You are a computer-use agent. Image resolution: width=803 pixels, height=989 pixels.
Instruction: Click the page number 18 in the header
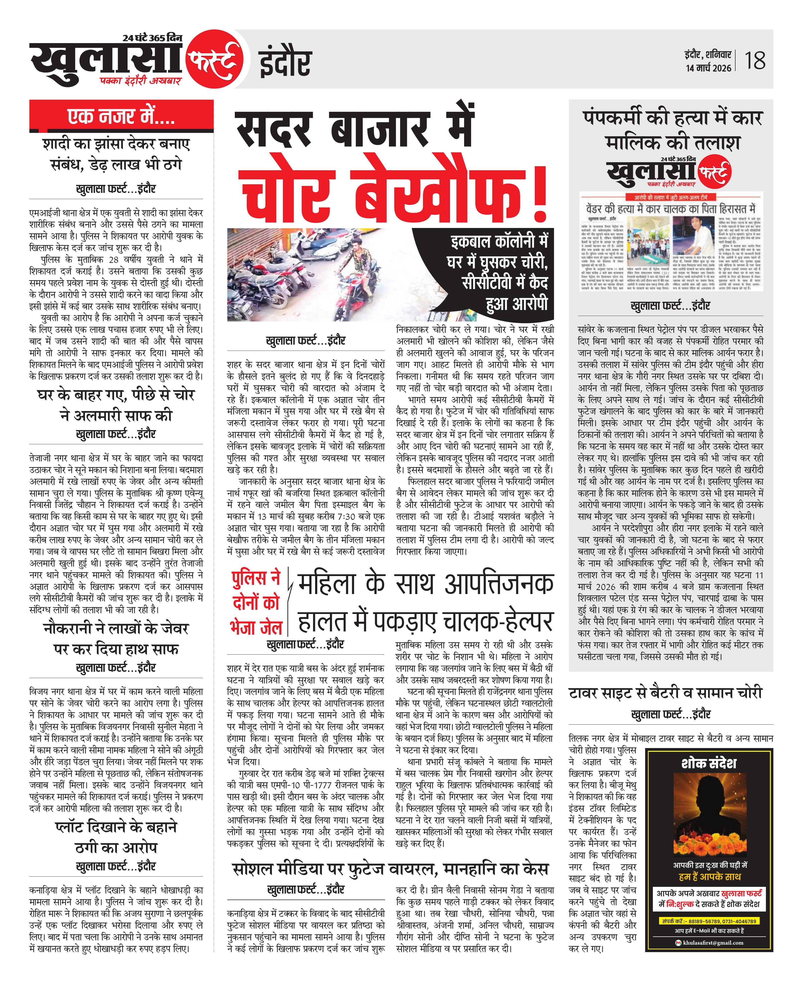[x=755, y=61]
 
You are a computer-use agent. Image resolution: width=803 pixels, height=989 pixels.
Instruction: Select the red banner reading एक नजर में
[x=121, y=116]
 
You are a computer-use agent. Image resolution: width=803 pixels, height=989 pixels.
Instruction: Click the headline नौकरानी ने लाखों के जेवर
[x=116, y=639]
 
